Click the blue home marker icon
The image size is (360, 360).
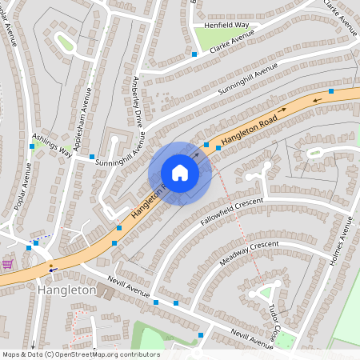[180, 173]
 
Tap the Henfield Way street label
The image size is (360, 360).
[226, 25]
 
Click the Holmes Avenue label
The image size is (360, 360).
[347, 241]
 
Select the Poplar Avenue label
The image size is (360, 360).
[23, 187]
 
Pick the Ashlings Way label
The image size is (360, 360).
[51, 145]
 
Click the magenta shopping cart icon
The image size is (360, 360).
[8, 264]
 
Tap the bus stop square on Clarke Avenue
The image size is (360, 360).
[194, 54]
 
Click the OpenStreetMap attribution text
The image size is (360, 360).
[80, 354]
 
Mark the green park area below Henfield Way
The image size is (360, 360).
[211, 38]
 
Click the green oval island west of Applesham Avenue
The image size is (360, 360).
[64, 42]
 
